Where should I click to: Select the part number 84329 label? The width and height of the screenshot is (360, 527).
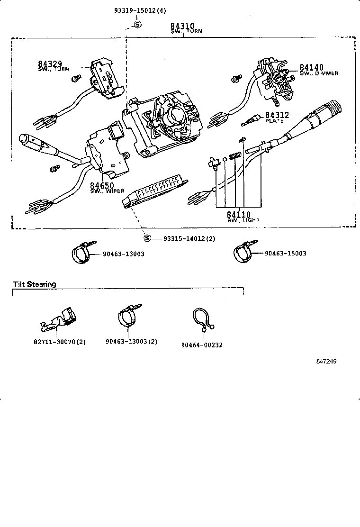[50, 64]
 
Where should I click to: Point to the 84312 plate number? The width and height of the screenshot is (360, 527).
[277, 115]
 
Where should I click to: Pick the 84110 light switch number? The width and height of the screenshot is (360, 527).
[238, 215]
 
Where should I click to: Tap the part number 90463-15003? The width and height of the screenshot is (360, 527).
[285, 254]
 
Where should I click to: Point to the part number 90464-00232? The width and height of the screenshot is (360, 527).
[202, 345]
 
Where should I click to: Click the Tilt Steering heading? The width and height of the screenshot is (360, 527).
[35, 284]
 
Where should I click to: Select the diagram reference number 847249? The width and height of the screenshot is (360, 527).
[326, 362]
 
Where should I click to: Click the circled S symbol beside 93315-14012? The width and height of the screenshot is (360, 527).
[147, 238]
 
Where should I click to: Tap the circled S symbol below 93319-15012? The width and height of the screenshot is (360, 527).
[136, 25]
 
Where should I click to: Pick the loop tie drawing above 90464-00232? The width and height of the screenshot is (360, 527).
[203, 321]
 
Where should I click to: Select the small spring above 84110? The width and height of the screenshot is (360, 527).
[233, 156]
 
